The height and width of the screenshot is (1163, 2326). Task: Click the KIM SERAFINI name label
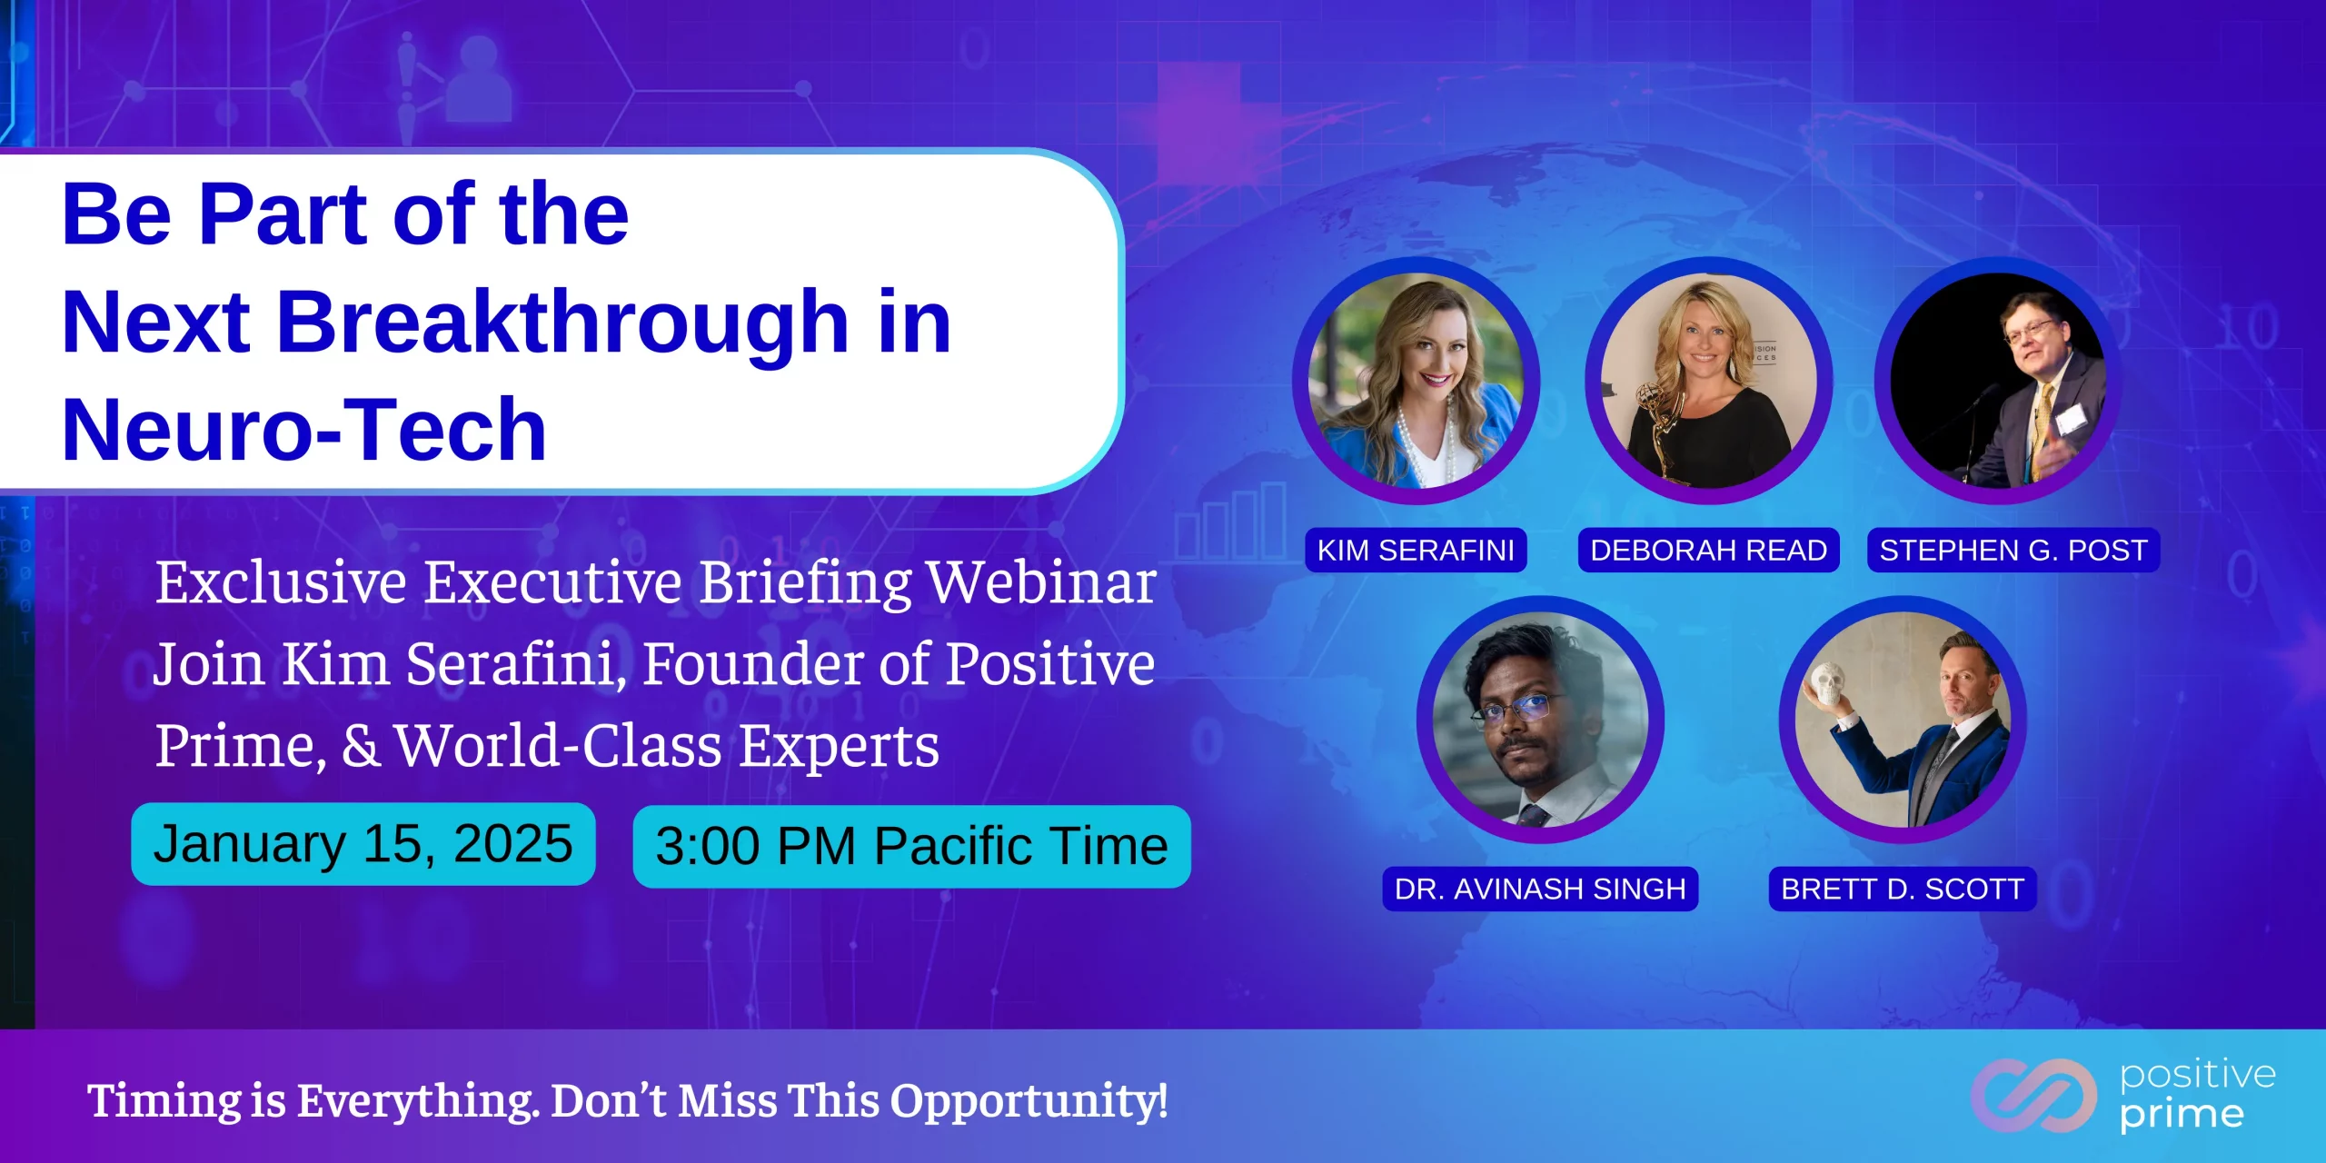[x=1416, y=550]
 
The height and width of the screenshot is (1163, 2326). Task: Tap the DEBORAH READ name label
[x=1708, y=550]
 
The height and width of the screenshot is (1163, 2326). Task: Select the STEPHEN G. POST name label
[x=2013, y=550]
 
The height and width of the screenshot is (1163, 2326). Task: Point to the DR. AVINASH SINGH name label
[x=1540, y=889]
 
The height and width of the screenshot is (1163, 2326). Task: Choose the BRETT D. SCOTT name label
[x=1903, y=889]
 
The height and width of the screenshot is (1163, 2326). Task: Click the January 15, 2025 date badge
[x=363, y=844]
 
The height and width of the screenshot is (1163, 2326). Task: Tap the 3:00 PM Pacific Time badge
[x=911, y=847]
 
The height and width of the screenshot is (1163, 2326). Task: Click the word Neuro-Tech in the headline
[x=304, y=429]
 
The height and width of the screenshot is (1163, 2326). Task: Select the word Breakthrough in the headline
[x=563, y=323]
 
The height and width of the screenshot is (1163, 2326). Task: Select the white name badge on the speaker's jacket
[x=2071, y=419]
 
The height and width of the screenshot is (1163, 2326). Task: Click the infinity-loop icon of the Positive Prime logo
[x=2033, y=1096]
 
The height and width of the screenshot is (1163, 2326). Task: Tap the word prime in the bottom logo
[x=2182, y=1115]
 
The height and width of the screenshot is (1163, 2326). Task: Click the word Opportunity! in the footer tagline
[x=1029, y=1102]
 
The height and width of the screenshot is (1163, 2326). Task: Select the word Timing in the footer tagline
[x=164, y=1102]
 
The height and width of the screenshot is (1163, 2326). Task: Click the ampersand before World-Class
[x=361, y=746]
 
